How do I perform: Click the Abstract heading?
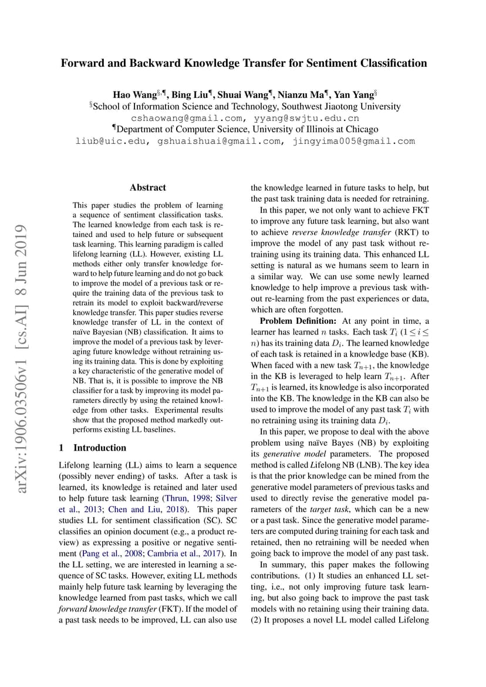tap(148, 188)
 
